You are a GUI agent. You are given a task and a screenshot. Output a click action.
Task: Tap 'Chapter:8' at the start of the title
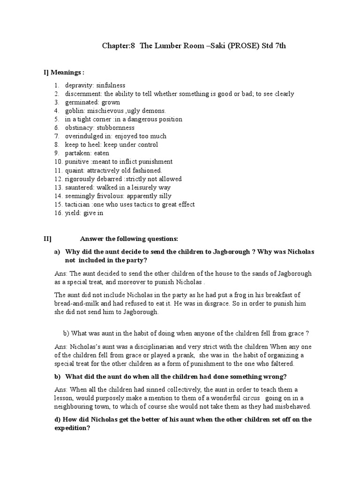coord(118,46)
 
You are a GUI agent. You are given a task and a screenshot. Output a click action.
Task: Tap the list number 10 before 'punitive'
coord(57,162)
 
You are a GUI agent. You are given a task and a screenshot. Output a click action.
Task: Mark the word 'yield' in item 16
coord(72,213)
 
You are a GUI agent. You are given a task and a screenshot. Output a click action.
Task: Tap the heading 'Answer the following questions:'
coord(129,239)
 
